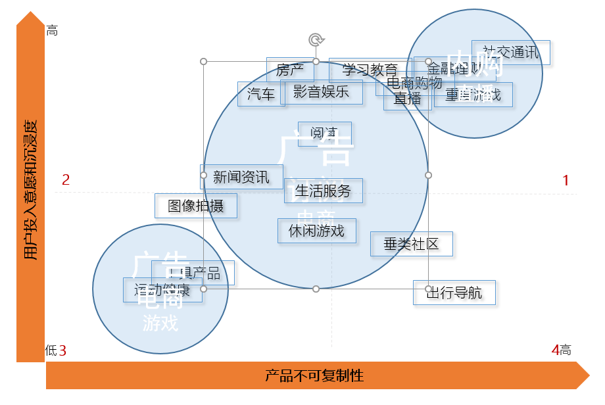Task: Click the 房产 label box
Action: [289, 70]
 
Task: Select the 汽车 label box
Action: [260, 94]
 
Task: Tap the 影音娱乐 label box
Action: [321, 92]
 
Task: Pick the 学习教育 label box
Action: [370, 70]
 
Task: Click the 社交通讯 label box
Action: [510, 53]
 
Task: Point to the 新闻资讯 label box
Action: [241, 177]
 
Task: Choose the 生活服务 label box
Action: [323, 191]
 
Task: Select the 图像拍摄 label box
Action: [196, 206]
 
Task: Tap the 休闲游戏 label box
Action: [316, 231]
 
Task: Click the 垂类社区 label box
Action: [411, 244]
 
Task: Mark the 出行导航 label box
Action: [454, 293]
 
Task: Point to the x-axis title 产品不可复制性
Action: [314, 376]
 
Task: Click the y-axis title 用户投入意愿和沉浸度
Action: [30, 190]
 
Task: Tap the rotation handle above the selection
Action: [316, 40]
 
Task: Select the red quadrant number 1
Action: [566, 179]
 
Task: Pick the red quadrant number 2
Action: [66, 179]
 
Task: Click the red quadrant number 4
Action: [555, 350]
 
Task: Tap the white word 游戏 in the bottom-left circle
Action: [160, 323]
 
